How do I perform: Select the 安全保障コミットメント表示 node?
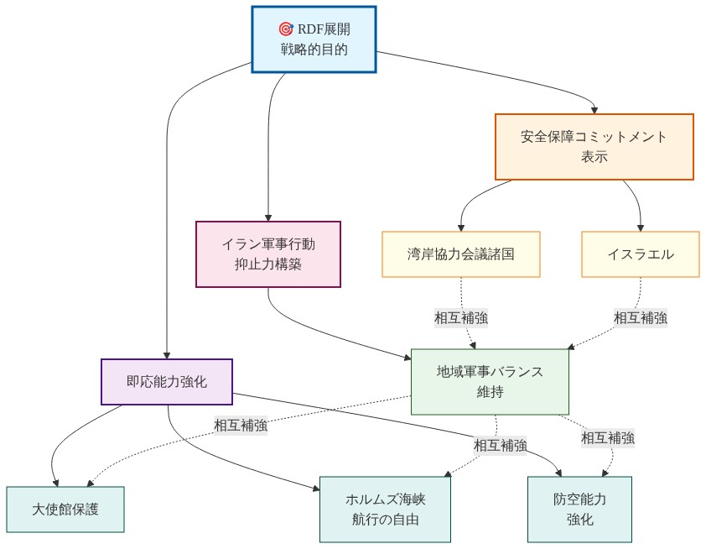(x=594, y=147)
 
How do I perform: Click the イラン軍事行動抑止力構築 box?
(x=267, y=254)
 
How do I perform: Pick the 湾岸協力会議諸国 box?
(x=460, y=254)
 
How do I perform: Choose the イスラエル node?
(x=640, y=254)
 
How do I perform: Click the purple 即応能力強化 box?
(x=166, y=382)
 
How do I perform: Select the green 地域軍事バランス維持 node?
(x=490, y=381)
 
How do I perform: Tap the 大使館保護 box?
(x=65, y=509)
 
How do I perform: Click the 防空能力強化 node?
(x=579, y=509)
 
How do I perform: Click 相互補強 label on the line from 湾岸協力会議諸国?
(x=460, y=318)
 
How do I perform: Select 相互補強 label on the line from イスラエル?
(x=640, y=318)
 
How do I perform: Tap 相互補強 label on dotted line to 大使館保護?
(x=240, y=426)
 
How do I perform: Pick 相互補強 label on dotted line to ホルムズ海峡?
(x=500, y=445)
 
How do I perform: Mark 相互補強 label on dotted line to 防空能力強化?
(x=607, y=437)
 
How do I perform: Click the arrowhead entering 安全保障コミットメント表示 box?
(x=594, y=109)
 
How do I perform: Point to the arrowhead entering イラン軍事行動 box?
(x=267, y=217)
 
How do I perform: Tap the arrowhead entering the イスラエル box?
(x=641, y=227)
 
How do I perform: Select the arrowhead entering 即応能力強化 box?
(x=166, y=354)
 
